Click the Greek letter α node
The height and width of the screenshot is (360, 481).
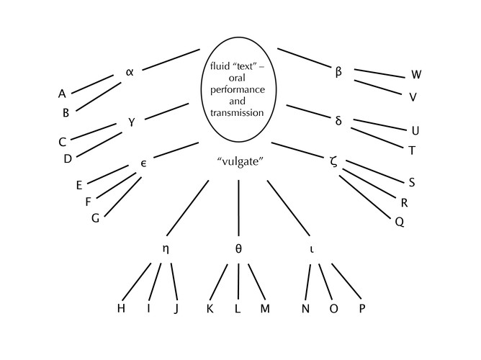coord(130,71)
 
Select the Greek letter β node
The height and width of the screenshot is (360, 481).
coord(338,72)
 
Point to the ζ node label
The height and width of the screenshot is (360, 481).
coord(333,161)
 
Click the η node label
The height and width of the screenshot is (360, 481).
coord(166,248)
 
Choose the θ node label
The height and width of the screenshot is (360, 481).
coord(238,248)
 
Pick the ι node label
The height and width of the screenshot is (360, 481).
coord(311,248)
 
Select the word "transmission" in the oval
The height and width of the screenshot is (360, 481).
coord(238,113)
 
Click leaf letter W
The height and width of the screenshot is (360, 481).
coord(416,75)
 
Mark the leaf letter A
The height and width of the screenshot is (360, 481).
coord(63,93)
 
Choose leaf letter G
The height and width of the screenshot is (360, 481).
coord(95,218)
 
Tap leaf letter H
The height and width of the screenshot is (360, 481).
coord(121,308)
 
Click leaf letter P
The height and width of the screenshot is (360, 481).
coord(362,308)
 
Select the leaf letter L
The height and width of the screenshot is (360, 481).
coord(237,308)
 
